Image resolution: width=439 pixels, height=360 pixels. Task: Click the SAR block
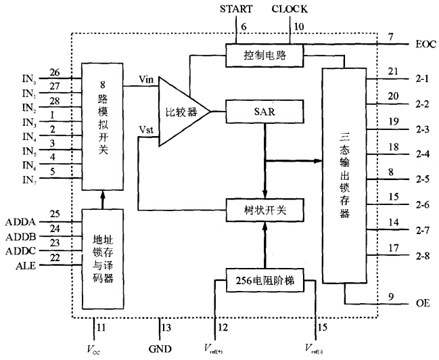(x=265, y=108)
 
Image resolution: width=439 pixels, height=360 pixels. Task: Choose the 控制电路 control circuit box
(x=265, y=54)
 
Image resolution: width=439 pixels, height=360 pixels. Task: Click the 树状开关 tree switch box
(x=265, y=209)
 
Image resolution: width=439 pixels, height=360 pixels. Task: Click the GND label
(x=160, y=348)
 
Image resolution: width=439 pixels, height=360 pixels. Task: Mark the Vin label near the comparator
(x=144, y=79)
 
